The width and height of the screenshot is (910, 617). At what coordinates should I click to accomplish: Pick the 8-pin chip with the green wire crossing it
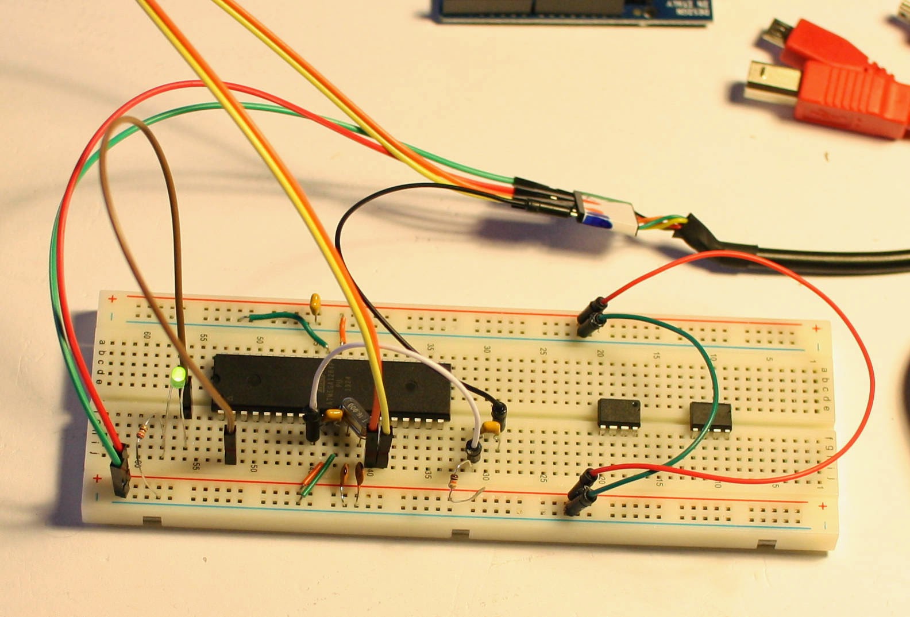pyautogui.click(x=711, y=415)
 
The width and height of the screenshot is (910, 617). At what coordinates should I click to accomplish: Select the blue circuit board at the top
pyautogui.click(x=572, y=10)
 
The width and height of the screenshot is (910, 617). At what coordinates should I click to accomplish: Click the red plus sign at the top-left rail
pyautogui.click(x=113, y=299)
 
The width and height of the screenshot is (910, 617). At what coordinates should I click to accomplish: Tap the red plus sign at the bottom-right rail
pyautogui.click(x=823, y=506)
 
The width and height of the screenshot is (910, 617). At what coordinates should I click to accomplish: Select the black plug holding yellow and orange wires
pyautogui.click(x=378, y=448)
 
